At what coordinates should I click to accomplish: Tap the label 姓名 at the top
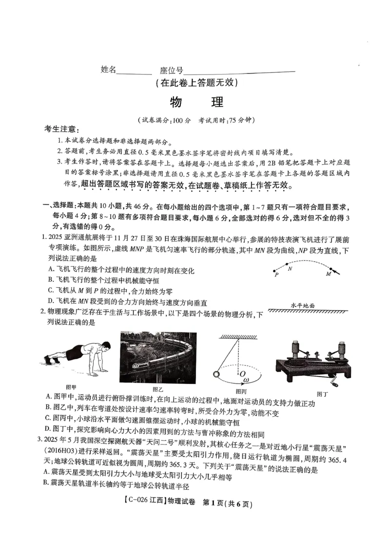coord(109,70)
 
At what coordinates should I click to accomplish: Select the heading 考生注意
coord(60,129)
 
